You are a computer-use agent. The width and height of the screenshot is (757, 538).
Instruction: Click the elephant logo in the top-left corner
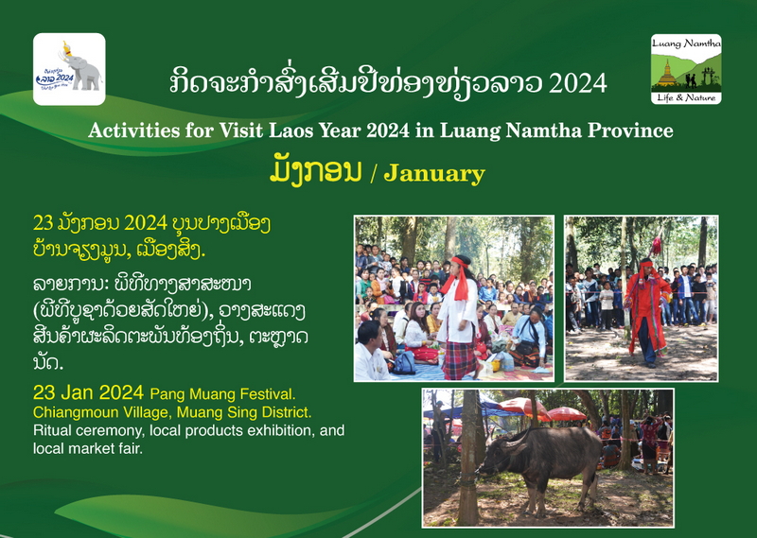69,69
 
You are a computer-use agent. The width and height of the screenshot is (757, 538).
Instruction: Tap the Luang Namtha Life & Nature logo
686,69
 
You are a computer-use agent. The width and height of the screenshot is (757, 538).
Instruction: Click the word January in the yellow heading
434,174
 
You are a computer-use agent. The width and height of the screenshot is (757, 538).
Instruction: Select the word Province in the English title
630,130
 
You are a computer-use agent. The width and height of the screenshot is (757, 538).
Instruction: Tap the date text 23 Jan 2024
88,392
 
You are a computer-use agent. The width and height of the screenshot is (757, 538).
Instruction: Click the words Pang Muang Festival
222,394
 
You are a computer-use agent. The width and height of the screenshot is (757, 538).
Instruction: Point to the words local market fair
88,448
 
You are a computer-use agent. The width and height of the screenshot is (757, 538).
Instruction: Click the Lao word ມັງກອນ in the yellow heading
315,171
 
